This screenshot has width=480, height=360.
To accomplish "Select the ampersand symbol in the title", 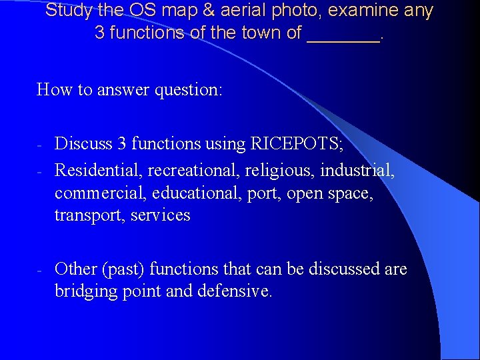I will (x=204, y=11).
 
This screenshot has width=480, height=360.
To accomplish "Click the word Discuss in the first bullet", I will (x=82, y=143).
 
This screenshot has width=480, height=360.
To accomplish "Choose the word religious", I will (x=281, y=171).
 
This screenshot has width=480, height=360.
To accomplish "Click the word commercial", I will (x=100, y=193).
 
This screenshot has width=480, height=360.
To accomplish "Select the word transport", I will (x=89, y=216).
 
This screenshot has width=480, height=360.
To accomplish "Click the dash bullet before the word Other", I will (x=40, y=269).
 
